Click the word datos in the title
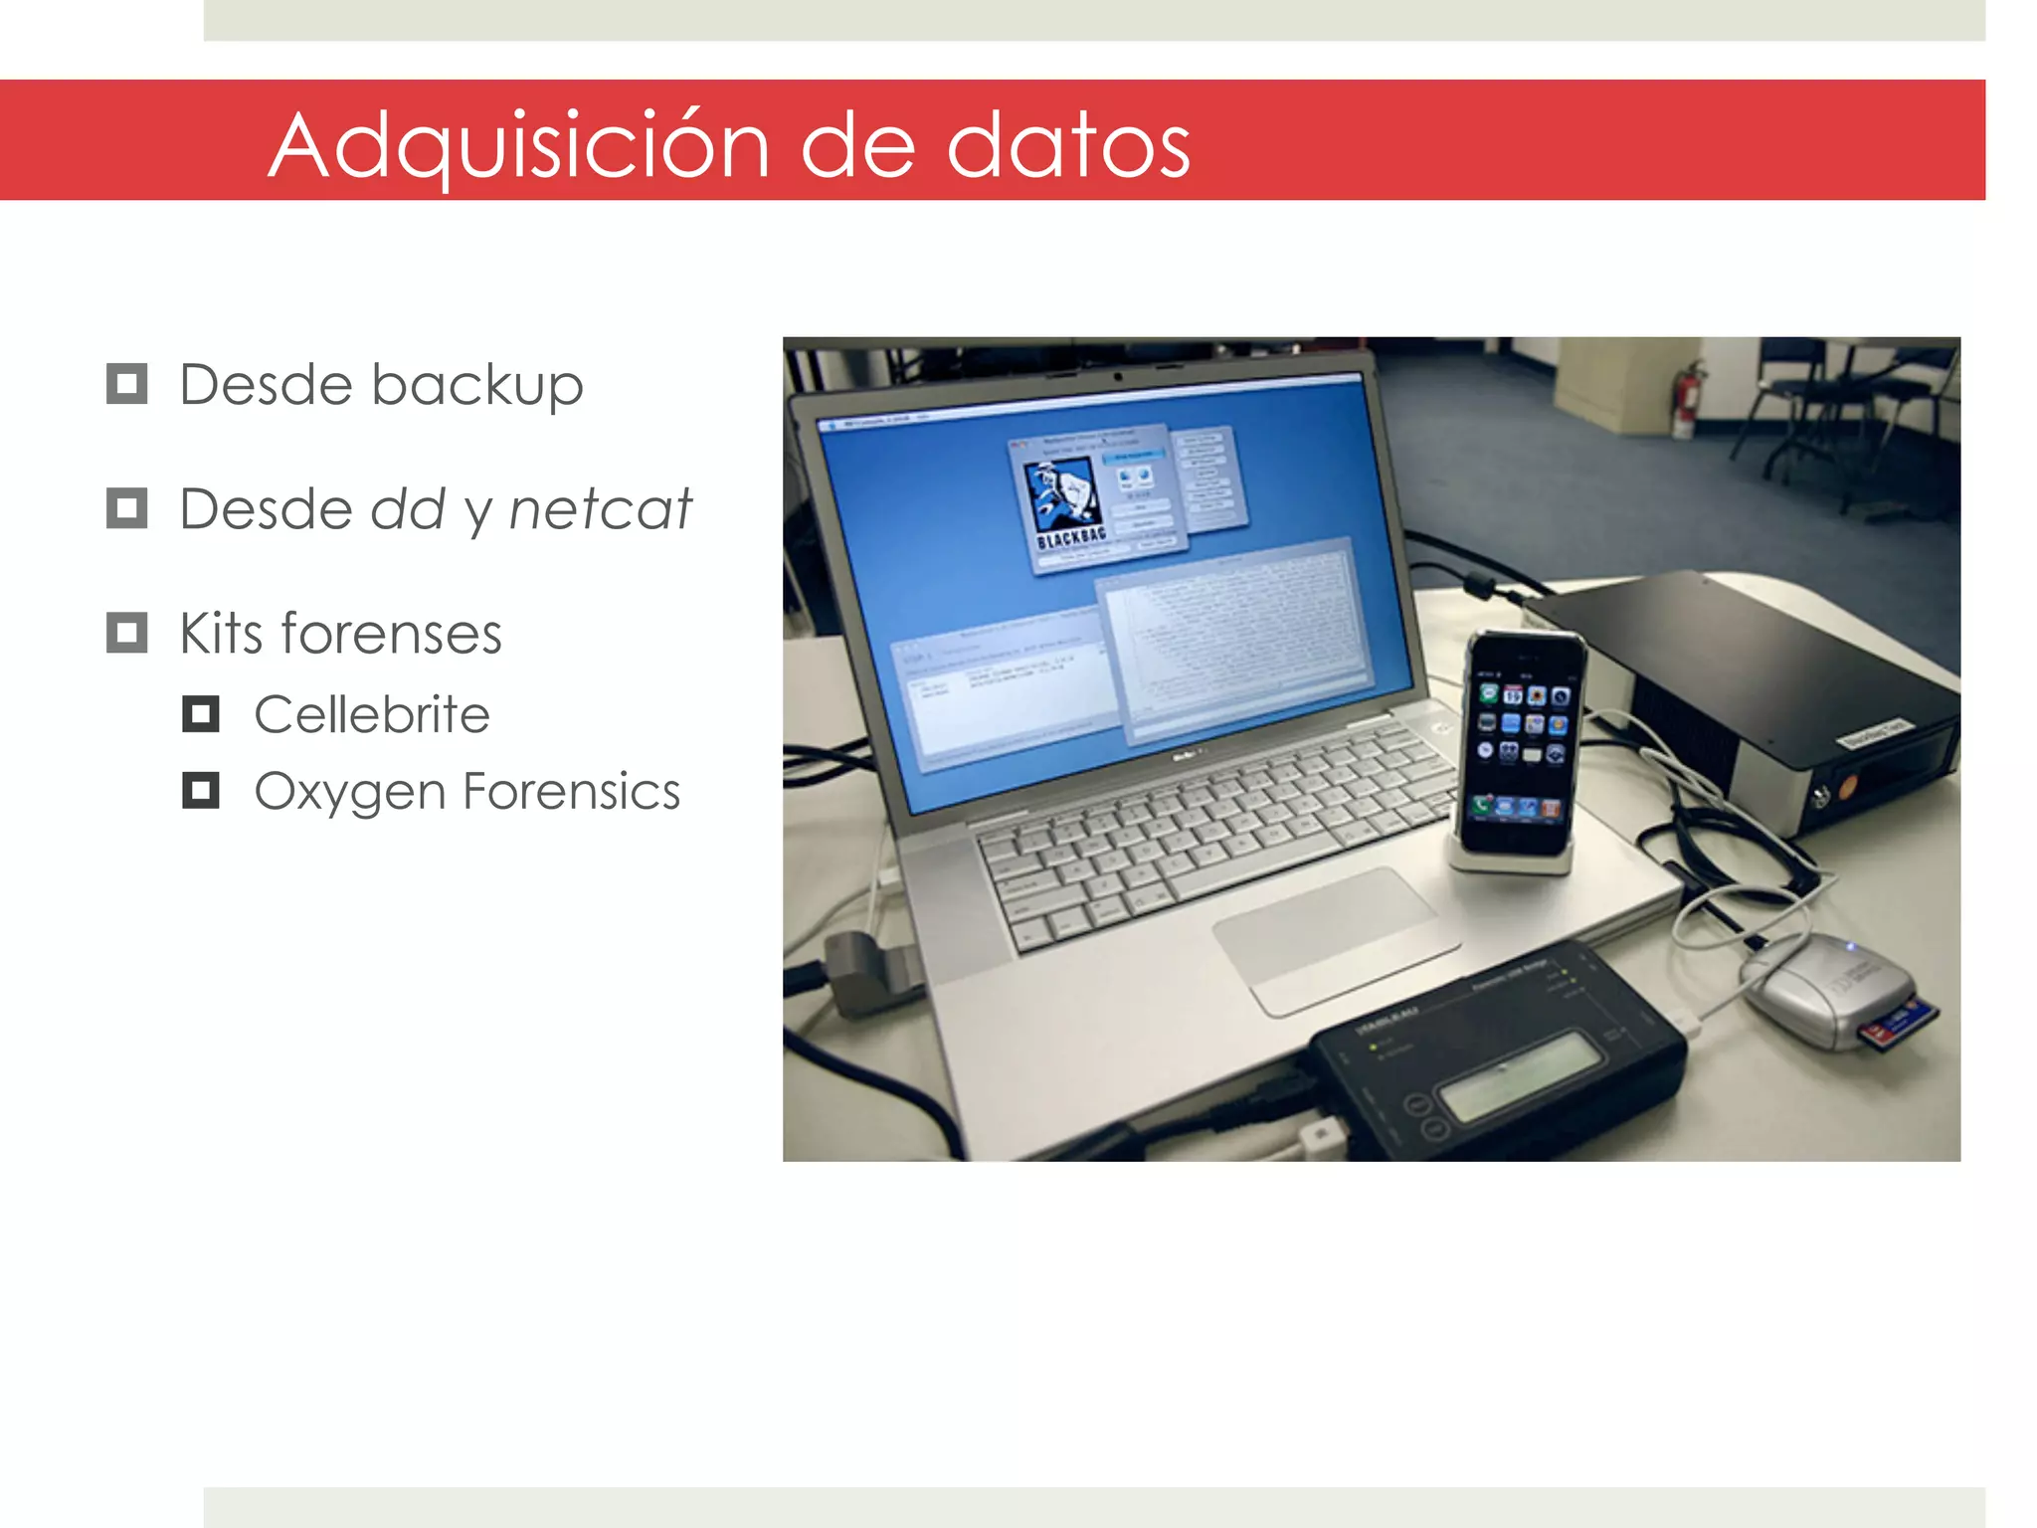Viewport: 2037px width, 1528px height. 1068,145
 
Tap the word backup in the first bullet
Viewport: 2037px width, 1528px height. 476,386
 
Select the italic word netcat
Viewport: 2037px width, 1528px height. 600,509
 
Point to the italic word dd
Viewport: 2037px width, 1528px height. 408,509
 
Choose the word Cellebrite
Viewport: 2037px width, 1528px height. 372,714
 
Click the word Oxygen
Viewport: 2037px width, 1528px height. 349,793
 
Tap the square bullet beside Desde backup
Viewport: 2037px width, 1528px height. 127,384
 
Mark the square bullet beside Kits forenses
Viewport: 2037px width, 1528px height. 127,633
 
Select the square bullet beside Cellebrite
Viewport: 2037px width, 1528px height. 201,713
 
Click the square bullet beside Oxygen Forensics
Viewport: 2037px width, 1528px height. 201,791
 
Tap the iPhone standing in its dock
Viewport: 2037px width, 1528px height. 1518,746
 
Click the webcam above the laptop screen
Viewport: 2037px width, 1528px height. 1118,377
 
